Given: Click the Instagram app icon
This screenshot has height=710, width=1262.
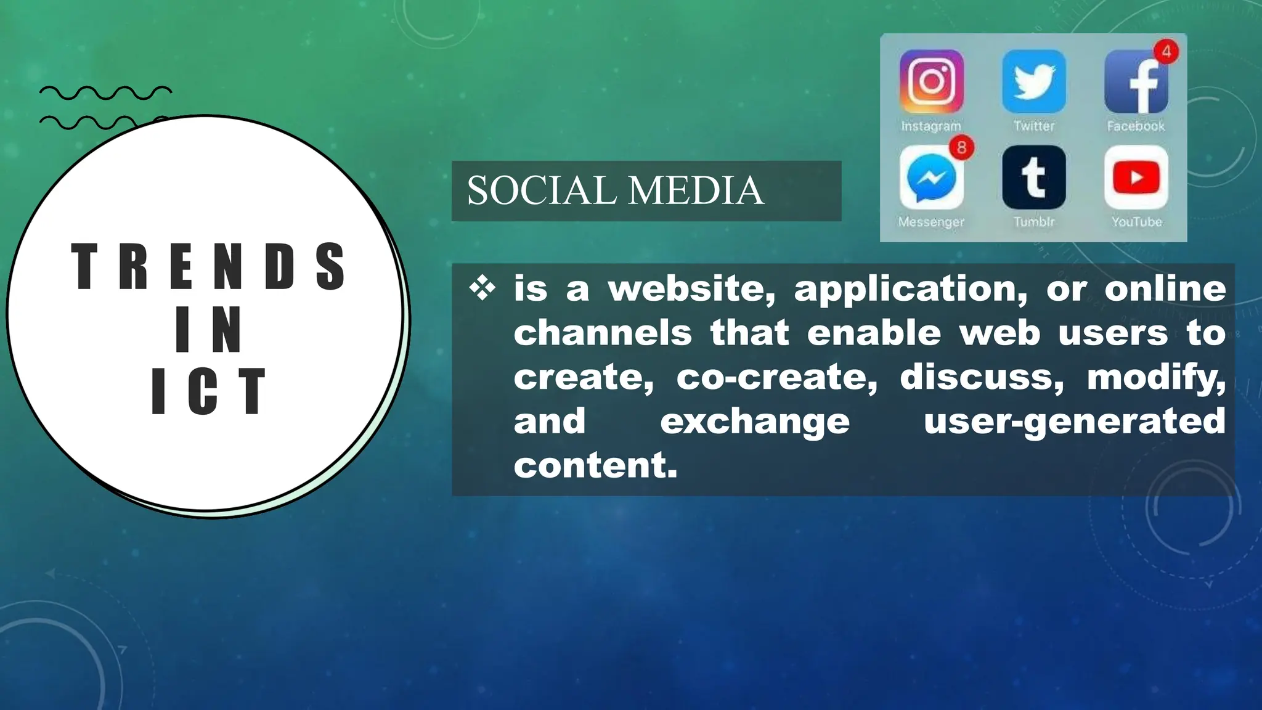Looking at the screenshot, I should coord(931,81).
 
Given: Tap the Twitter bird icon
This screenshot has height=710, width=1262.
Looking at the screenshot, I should coord(1033,81).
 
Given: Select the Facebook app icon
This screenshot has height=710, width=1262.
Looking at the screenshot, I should coord(1136,82).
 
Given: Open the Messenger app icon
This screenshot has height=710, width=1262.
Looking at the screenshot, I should coord(931,177).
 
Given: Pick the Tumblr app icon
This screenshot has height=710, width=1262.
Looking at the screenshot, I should coord(1033,177).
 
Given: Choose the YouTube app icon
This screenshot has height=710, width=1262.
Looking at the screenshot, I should coord(1136,177).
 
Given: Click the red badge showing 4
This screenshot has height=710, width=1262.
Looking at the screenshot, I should coord(1166,52).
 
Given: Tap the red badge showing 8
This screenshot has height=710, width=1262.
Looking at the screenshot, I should coord(961,147).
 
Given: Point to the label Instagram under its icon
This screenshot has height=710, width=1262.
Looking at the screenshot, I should coord(930,126).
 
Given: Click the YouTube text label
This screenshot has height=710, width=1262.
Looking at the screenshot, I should coord(1136,222).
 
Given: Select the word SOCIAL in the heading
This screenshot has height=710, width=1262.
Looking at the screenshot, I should coord(541,190).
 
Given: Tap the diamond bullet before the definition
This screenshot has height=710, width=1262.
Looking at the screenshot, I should coord(482,288).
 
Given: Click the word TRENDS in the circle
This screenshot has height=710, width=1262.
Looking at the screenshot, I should coord(208,266).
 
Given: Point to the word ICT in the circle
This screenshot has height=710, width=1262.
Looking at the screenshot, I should coord(208,391).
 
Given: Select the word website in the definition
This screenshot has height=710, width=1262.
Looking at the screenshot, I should coord(692,288).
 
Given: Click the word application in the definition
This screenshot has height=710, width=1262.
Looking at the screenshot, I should coord(911,288).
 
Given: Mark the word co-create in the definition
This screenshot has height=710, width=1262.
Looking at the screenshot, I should coord(776,377).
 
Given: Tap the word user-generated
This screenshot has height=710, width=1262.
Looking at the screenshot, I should coord(1074,421).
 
